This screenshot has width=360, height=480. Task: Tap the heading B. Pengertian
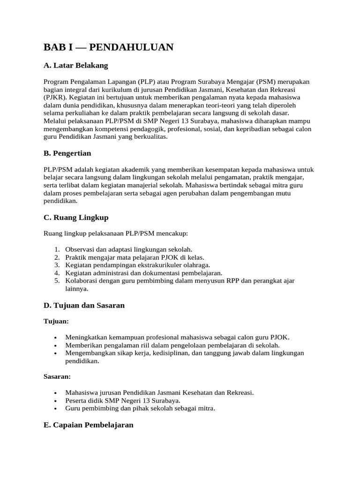(x=67, y=153)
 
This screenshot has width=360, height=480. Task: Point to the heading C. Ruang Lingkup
(x=76, y=217)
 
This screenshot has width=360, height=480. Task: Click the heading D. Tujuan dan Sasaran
(x=84, y=305)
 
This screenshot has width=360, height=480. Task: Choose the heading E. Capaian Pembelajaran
(x=88, y=425)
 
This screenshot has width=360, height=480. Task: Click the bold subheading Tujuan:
(x=56, y=322)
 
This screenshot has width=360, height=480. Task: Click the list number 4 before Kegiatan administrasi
(x=56, y=273)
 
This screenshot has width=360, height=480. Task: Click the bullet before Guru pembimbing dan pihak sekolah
(x=56, y=409)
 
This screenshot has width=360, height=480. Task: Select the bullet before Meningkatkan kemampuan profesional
(x=56, y=337)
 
